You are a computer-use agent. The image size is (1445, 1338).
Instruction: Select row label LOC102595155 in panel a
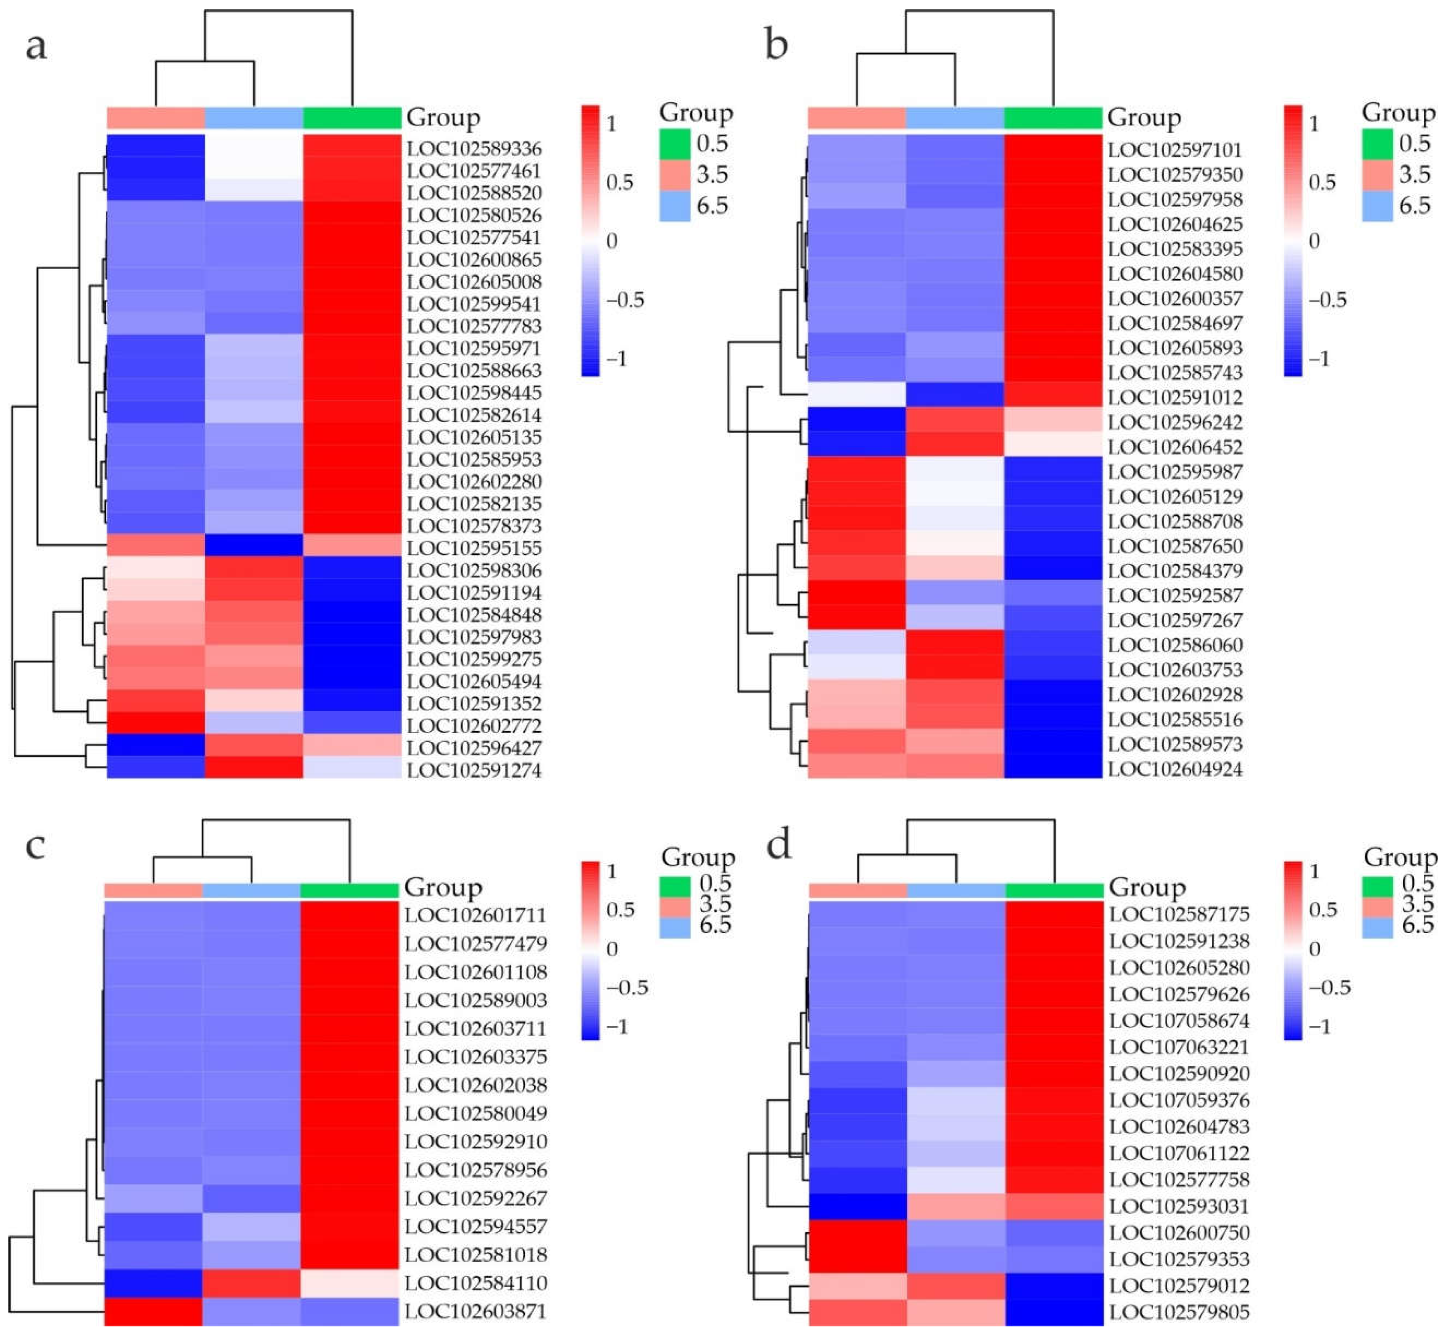coord(474,548)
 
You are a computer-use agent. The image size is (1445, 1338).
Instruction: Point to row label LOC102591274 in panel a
coord(474,770)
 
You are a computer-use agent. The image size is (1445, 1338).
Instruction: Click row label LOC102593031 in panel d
coord(1179,1206)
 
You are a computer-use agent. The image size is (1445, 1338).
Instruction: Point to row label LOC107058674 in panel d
coord(1179,1021)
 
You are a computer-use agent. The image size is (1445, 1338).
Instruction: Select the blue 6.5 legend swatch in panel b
coord(1377,206)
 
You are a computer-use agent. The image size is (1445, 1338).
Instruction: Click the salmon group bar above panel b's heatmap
coord(856,117)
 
